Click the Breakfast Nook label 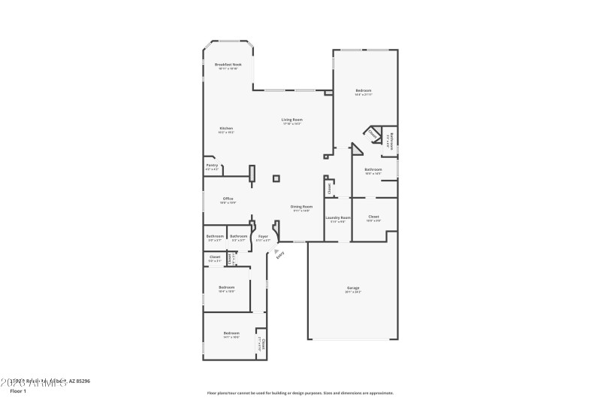[228, 65]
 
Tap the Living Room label [292, 120]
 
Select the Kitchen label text [226, 129]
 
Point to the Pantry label [212, 166]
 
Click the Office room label [228, 199]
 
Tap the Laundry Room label [337, 217]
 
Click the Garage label [352, 288]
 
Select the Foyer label [263, 236]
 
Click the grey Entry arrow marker [276, 251]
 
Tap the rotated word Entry [281, 255]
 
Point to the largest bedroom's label [364, 91]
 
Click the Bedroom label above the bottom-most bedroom [227, 287]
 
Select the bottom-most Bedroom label [231, 333]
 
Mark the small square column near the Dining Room [276, 178]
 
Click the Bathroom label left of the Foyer [239, 236]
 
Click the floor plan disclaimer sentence [300, 393]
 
